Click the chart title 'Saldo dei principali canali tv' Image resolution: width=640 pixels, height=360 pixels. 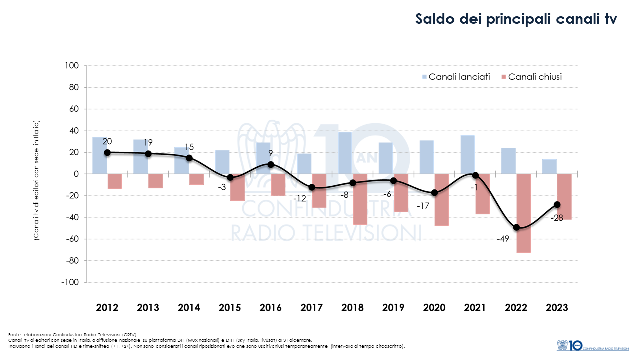click(516, 19)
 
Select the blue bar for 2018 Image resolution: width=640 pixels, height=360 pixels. click(345, 153)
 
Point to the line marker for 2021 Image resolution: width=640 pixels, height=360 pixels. click(475, 175)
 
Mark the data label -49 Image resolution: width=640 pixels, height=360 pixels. click(503, 239)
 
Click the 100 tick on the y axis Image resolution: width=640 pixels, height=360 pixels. click(73, 66)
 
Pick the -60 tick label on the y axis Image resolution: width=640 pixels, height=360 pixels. click(71, 239)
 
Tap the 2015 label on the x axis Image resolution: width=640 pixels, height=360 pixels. click(230, 308)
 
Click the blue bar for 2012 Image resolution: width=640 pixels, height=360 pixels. click(99, 155)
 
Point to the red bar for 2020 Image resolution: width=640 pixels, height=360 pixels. click(441, 200)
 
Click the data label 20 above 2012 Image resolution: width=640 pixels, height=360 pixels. click(107, 142)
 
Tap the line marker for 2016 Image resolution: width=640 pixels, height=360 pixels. click(271, 164)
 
